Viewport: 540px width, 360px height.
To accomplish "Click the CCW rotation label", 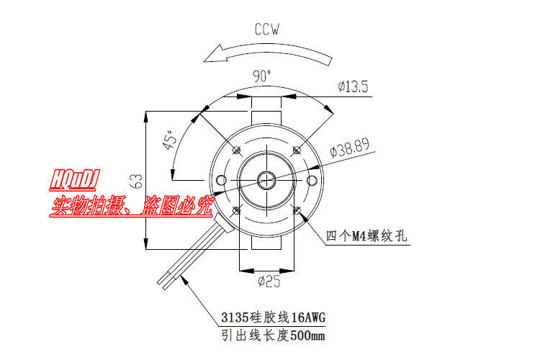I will [267, 30].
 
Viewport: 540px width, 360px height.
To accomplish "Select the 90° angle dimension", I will [262, 76].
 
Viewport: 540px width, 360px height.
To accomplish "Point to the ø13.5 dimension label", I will [354, 87].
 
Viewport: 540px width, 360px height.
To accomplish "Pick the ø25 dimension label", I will [269, 282].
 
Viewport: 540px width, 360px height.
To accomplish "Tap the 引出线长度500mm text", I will [273, 336].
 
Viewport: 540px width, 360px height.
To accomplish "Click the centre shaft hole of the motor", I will [267, 179].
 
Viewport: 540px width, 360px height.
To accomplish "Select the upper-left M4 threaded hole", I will [237, 150].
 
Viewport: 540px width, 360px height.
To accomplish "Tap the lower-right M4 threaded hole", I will [297, 210].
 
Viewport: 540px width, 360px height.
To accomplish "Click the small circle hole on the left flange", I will [222, 179].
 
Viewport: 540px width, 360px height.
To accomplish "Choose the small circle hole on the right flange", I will [312, 179].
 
